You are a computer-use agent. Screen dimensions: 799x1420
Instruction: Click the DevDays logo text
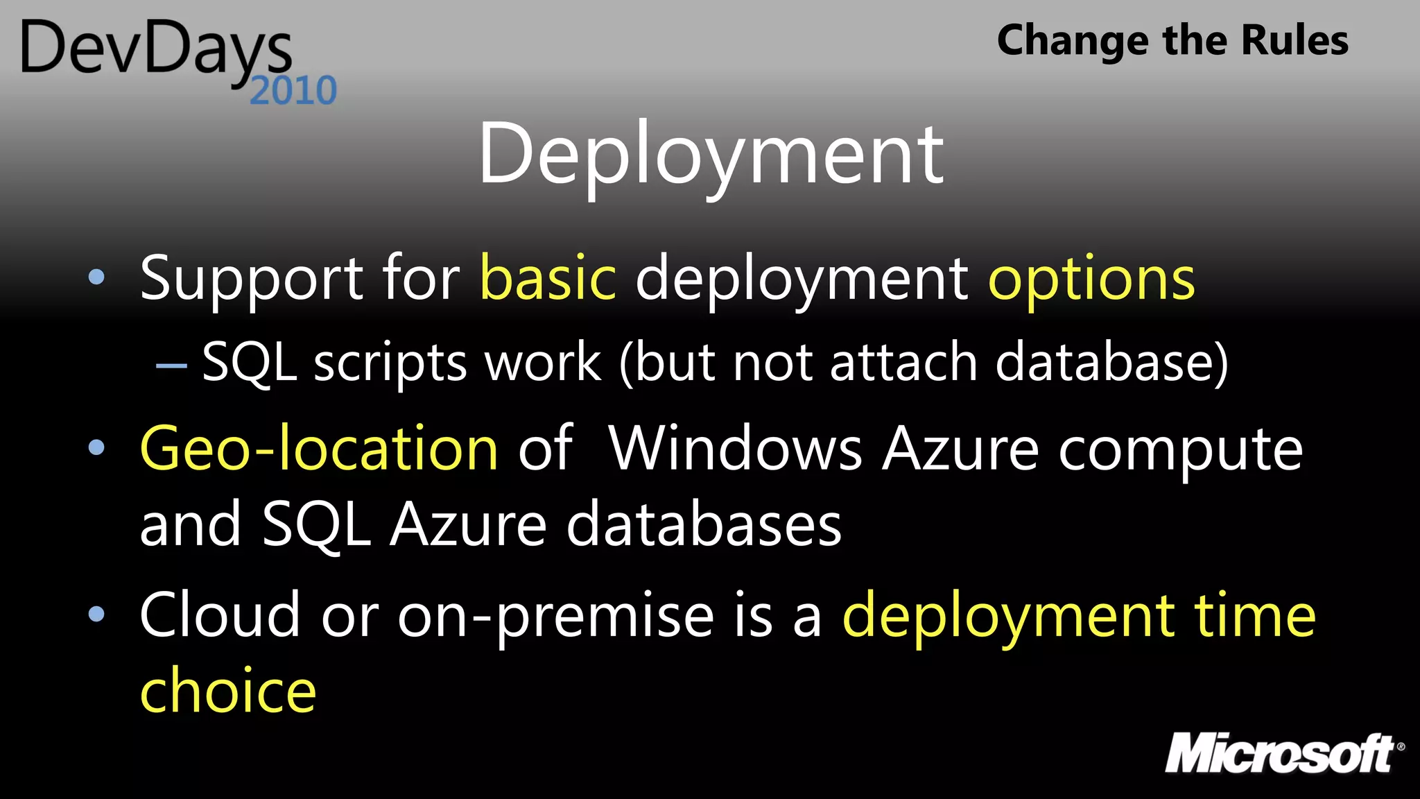tap(156, 49)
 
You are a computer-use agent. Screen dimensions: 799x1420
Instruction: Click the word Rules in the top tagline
tap(1295, 40)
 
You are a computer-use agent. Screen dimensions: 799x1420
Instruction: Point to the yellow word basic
tap(548, 279)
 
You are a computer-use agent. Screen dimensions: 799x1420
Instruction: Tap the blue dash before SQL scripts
tap(171, 365)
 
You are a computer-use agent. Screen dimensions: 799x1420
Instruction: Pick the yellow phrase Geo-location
tap(319, 449)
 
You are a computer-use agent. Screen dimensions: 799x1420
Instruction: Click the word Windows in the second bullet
tap(735, 449)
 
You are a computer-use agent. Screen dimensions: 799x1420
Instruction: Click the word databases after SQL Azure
tap(703, 525)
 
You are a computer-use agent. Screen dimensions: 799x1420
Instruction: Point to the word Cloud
tap(220, 615)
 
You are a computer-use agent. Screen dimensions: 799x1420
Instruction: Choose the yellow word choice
tap(228, 691)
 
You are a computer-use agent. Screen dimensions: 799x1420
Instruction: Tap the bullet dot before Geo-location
tap(97, 447)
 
